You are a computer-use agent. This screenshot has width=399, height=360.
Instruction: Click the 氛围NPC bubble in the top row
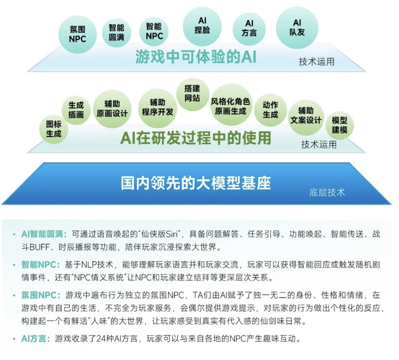pos(77,34)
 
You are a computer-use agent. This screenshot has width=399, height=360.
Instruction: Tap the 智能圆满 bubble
pos(116,33)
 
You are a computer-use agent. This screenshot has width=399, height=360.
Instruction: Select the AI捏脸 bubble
pos(202,26)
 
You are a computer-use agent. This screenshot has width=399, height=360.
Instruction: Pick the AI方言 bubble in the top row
pos(249,28)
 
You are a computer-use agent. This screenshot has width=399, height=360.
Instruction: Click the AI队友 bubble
pos(297,28)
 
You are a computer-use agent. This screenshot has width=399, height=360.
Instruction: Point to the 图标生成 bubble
pos(54,129)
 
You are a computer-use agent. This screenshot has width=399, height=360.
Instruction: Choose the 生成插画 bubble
pos(76,110)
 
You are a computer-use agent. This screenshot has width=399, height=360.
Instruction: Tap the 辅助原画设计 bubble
pos(112,109)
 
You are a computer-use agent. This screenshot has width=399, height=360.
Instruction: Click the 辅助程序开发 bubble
pos(158,108)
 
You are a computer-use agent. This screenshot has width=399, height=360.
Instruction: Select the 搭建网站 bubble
pos(192,94)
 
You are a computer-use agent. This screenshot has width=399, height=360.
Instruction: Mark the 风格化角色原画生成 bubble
pos(231,105)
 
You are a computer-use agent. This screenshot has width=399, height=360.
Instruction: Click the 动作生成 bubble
pos(270,110)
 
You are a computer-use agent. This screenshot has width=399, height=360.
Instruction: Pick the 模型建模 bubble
pos(339,125)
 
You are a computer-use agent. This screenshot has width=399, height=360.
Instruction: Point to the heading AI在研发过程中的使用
pos(196,137)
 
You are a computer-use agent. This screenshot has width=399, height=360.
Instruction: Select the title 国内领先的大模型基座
pos(196,183)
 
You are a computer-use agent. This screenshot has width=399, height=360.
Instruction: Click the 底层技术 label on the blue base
pos(327,193)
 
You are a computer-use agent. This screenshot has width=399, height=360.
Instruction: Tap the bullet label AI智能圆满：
pos(44,234)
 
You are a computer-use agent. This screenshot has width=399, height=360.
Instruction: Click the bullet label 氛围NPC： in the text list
pos(41,295)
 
